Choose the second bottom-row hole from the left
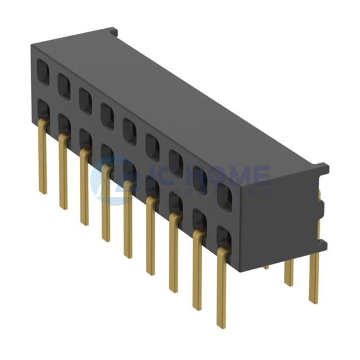point(64,124)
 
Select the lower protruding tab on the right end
point(322,245)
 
